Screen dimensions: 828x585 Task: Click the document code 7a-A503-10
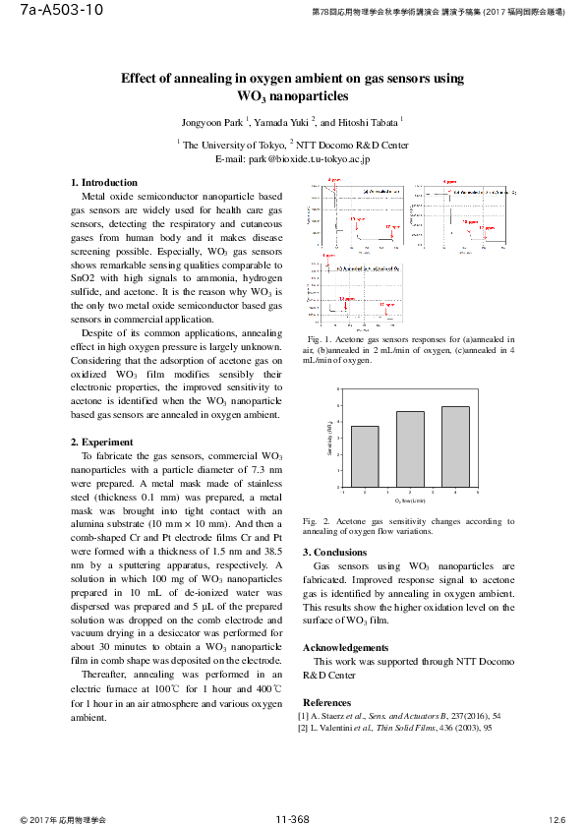[61, 11]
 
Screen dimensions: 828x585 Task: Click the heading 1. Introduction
[105, 183]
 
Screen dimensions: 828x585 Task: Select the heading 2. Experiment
[103, 443]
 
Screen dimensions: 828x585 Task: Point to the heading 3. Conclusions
[334, 553]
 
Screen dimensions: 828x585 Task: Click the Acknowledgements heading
[345, 648]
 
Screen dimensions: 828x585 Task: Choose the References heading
[326, 703]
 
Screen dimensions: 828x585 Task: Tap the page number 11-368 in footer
[292, 819]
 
